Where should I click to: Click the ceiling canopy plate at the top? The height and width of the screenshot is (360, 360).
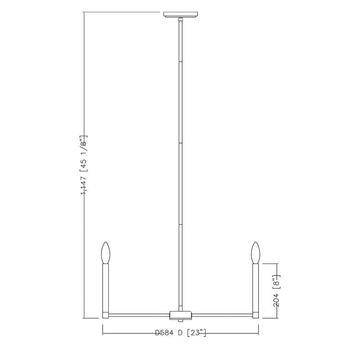pos(180,14)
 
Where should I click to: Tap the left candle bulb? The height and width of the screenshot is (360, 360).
pos(105,253)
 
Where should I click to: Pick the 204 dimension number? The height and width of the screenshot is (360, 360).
pos(276,300)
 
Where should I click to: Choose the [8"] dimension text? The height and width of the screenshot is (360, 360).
pos(276,282)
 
